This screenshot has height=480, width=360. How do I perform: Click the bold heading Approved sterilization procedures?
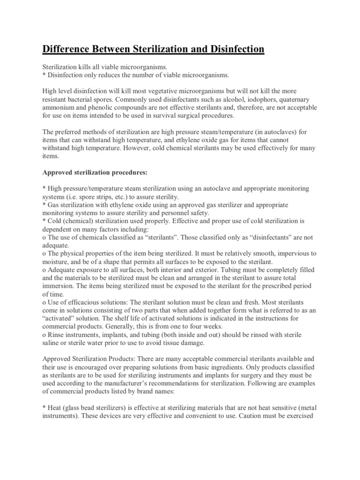[95, 172]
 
